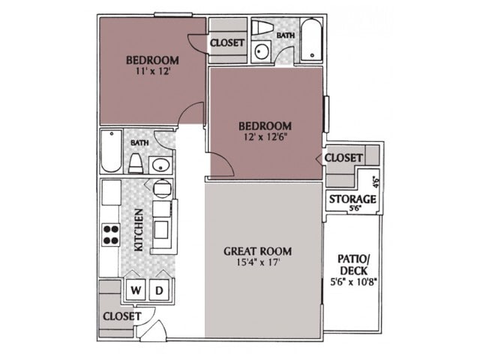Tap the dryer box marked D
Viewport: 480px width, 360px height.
coord(160,290)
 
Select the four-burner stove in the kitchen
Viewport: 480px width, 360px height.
coord(111,235)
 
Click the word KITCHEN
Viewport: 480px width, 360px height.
coord(139,230)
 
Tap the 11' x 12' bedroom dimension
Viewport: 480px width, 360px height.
coord(152,73)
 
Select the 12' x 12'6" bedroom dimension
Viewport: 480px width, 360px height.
coord(265,138)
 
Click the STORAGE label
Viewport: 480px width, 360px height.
coord(352,199)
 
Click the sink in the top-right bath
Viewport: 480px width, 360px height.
coord(262,52)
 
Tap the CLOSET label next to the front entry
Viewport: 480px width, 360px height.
coord(121,316)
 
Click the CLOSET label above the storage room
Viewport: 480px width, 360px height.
coord(344,158)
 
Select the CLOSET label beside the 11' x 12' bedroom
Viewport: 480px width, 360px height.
coord(227,43)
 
